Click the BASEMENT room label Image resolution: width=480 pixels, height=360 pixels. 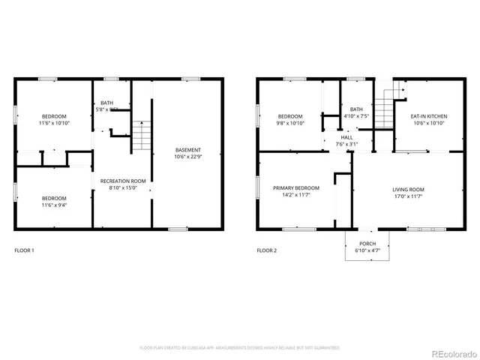187,149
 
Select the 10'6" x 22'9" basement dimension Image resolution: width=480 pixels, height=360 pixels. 187,157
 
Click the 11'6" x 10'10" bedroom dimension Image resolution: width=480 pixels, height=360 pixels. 54,124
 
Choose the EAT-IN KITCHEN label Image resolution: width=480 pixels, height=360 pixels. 428,116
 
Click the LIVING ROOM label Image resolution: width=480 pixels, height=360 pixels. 409,189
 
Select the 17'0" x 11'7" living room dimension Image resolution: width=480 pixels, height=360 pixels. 409,196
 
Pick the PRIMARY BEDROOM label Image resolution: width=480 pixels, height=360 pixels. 295,187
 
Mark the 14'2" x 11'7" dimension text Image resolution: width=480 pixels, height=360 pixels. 295,195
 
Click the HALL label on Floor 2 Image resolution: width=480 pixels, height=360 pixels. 346,137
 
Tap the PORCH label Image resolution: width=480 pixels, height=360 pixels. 367,244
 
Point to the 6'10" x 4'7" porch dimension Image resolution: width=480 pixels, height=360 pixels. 367,250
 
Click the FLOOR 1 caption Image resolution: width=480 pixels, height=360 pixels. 25,250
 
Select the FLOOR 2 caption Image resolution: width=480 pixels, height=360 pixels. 267,250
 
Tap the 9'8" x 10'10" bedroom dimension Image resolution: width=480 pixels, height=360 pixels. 290,124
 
